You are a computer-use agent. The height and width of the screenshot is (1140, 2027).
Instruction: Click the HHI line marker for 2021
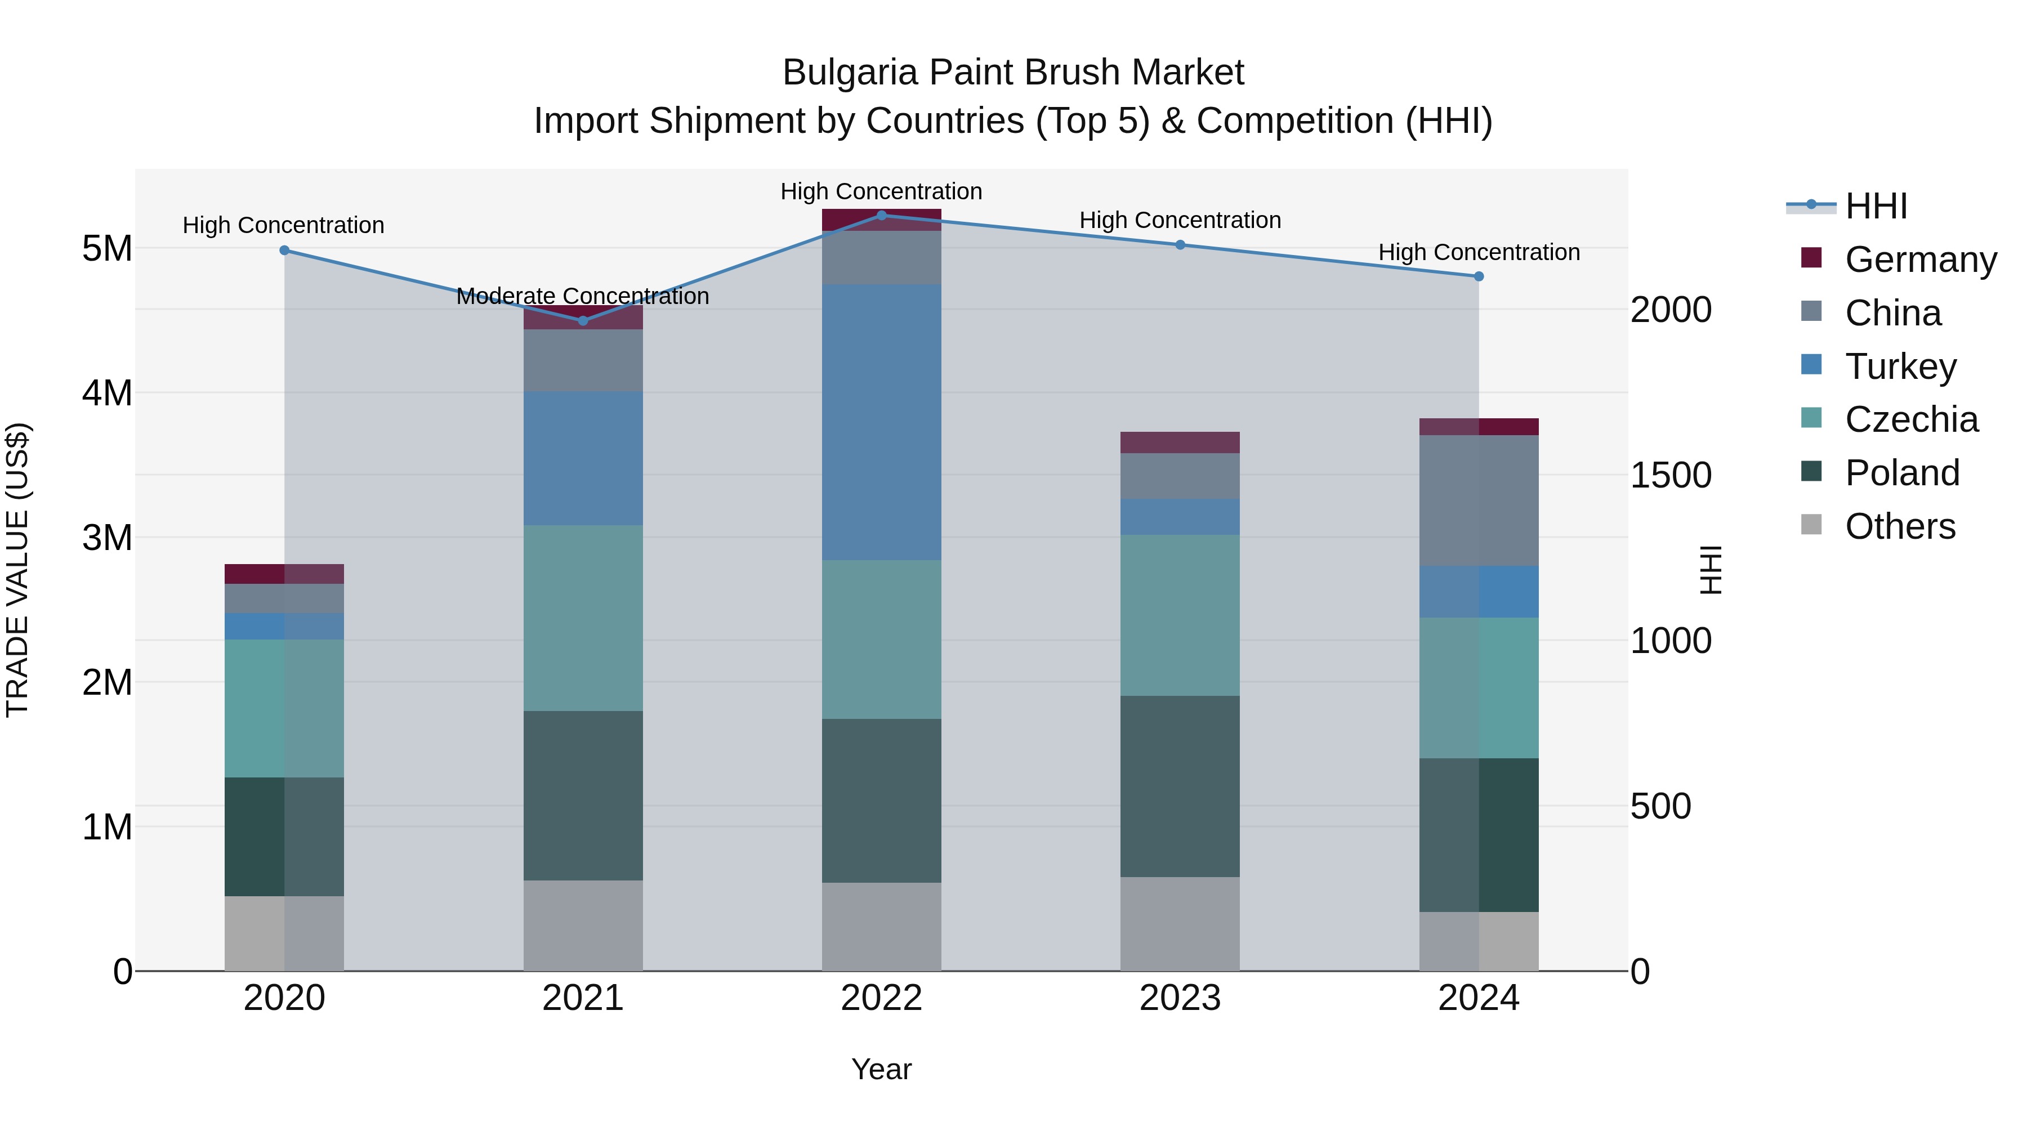(x=583, y=321)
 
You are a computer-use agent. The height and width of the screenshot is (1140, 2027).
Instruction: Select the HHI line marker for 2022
(x=881, y=215)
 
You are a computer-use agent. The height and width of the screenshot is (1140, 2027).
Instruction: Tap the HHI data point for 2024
(x=1479, y=276)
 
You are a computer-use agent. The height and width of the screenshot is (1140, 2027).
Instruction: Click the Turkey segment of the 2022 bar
(x=881, y=422)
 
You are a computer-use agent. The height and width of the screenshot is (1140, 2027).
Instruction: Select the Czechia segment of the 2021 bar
(x=583, y=618)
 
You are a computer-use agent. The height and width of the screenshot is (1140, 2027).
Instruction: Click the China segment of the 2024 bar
(x=1479, y=500)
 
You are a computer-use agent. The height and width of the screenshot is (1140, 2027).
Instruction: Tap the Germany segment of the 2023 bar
(x=1180, y=442)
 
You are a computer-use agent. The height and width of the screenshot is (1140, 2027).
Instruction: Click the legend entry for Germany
(x=1920, y=260)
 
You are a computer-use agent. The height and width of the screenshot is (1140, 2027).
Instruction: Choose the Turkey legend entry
(x=1900, y=366)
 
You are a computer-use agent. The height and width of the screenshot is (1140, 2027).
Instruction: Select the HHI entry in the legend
(x=1876, y=206)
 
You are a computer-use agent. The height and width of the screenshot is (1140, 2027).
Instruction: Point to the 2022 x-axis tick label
(x=881, y=998)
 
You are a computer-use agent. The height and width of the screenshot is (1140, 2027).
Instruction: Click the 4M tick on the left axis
(x=107, y=392)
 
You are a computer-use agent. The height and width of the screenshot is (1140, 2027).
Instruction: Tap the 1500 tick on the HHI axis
(x=1670, y=475)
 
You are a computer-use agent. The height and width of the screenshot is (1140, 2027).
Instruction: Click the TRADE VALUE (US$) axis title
(x=18, y=570)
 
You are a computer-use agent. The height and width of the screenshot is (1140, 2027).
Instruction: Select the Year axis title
(x=881, y=1069)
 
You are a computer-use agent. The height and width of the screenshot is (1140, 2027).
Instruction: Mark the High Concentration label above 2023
(x=1180, y=220)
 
